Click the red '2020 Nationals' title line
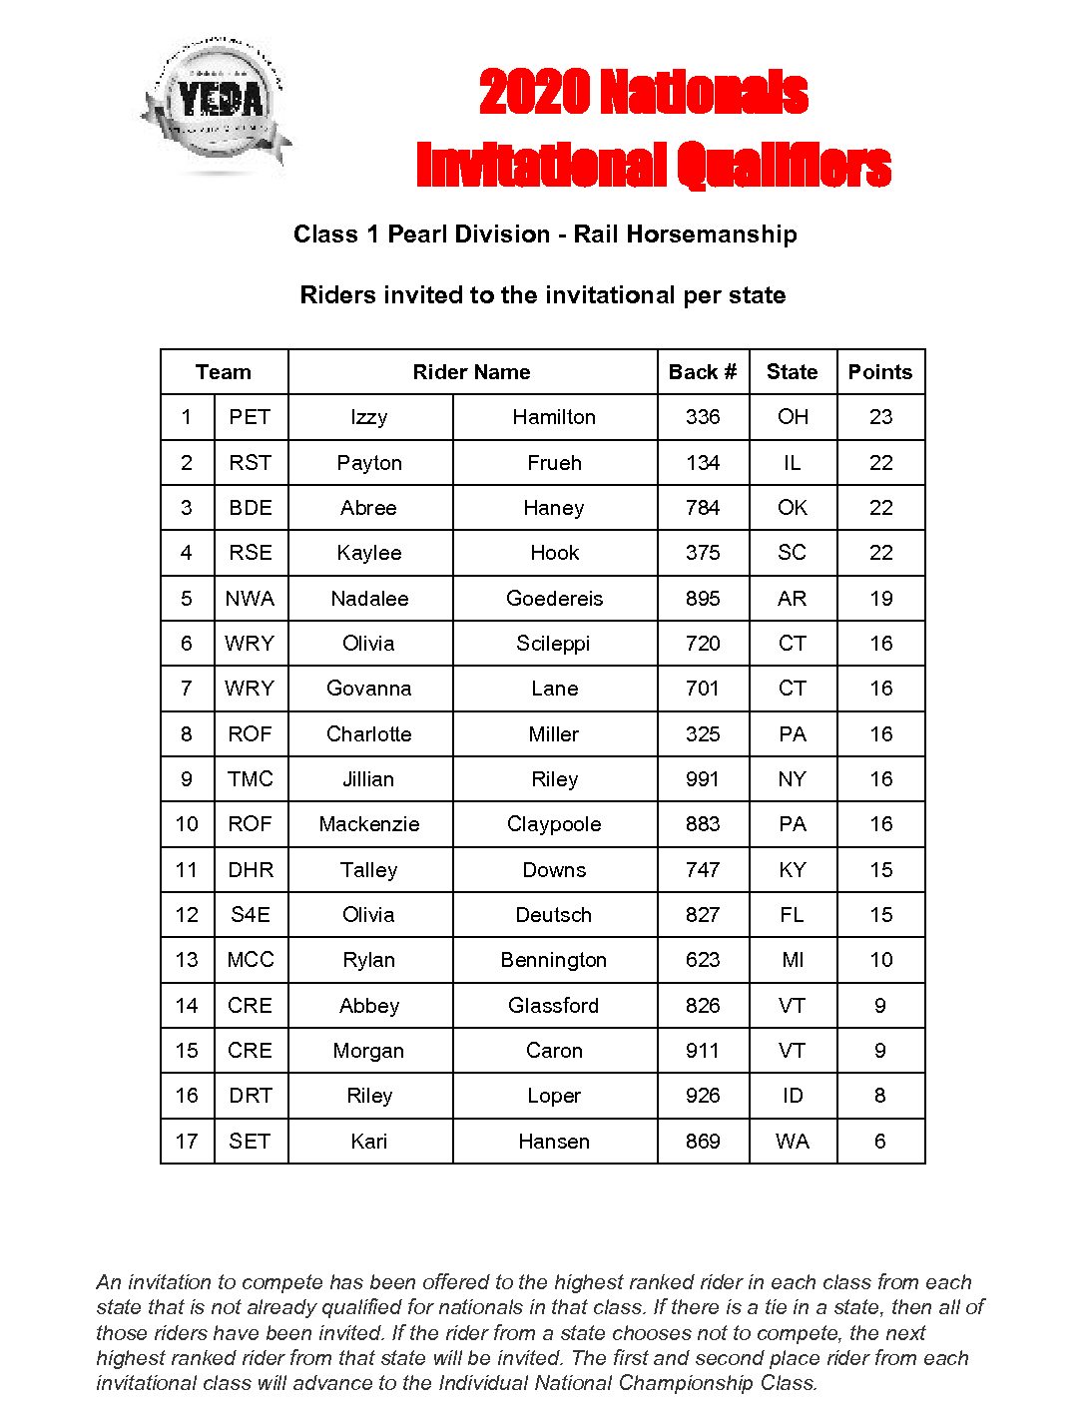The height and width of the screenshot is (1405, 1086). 643,93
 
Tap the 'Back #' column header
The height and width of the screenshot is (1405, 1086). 703,372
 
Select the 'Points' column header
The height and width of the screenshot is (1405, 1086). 879,372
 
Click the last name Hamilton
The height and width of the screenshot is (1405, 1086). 554,417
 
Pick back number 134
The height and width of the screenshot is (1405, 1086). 703,463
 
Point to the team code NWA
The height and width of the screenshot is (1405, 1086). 250,599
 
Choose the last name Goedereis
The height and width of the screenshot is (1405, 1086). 554,599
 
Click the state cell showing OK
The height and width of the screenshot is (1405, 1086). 793,508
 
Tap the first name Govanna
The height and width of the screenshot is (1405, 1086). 368,689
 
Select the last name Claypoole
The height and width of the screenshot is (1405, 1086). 554,824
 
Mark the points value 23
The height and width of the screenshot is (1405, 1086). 880,417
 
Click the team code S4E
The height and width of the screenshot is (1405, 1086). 250,915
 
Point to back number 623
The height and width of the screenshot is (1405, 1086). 703,960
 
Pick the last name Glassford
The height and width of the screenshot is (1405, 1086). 554,1006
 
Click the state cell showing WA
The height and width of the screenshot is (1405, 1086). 793,1142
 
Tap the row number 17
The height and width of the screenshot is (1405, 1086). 187,1142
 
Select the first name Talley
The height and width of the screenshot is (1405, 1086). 368,870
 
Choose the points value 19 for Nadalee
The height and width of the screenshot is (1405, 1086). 880,599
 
